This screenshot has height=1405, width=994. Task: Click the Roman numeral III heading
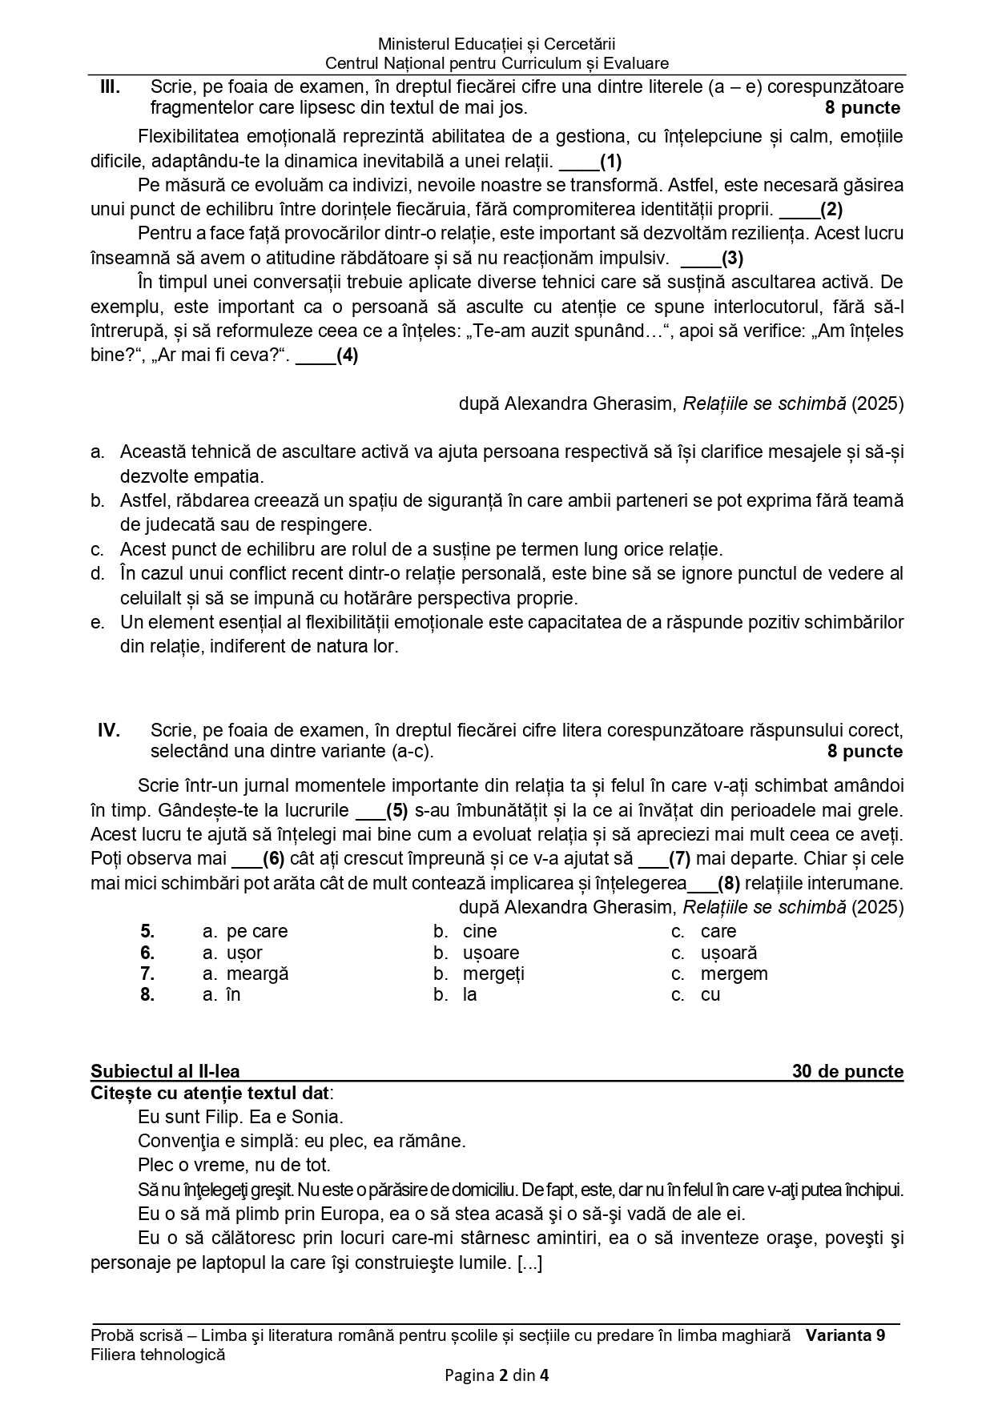point(110,87)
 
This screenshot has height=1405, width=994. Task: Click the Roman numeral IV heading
point(109,730)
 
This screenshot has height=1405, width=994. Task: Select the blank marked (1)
point(590,162)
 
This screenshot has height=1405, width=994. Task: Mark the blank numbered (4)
point(327,356)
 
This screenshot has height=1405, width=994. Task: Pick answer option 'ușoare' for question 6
point(490,953)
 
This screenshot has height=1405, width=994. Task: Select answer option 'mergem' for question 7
point(734,974)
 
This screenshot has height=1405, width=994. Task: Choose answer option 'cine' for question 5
point(479,932)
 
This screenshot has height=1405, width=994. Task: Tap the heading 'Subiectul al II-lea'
point(165,1072)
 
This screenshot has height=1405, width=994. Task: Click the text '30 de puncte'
point(847,1072)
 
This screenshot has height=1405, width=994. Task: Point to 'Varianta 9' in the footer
point(845,1335)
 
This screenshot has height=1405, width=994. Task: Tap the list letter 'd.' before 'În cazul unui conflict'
point(98,574)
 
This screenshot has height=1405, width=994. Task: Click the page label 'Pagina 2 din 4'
point(497,1376)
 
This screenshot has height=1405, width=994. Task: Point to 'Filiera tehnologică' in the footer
point(158,1355)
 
